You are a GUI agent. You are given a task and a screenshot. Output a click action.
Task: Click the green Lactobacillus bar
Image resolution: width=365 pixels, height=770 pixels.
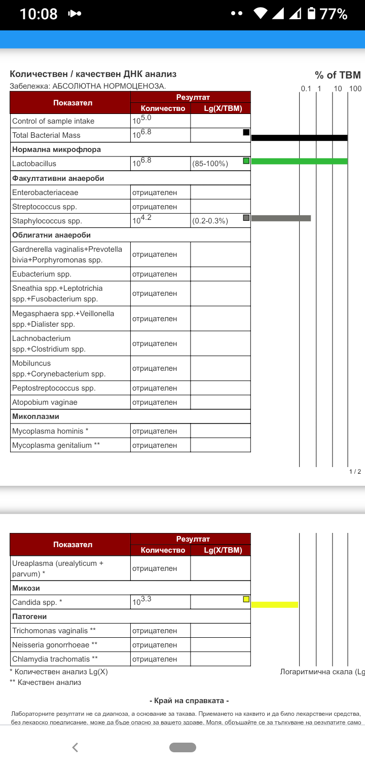299,161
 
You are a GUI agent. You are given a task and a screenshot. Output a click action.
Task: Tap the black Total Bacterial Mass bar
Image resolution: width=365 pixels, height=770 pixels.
299,137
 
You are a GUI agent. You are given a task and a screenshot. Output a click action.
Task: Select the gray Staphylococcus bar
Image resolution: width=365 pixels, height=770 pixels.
281,218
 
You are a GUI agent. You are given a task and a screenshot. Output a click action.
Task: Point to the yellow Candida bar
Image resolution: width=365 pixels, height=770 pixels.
274,604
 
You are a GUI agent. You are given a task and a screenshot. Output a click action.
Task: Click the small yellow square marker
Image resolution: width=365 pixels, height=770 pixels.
246,599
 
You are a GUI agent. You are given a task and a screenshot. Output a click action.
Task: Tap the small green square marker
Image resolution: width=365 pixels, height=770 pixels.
246,161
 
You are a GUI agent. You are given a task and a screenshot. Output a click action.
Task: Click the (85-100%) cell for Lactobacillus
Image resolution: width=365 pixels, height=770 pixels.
210,164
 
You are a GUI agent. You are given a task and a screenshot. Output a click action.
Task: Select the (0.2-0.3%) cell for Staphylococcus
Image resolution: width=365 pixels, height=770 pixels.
210,221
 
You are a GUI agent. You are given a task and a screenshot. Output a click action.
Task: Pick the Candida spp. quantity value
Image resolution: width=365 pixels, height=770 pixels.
142,602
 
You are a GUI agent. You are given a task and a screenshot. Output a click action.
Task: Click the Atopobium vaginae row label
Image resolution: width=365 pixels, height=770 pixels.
45,402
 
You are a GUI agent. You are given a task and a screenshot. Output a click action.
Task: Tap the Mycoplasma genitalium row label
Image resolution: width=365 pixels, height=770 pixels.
56,445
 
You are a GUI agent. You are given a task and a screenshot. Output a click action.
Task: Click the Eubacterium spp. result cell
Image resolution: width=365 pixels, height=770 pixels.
155,274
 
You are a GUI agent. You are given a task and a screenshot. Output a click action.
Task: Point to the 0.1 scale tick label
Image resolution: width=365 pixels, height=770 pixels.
306,89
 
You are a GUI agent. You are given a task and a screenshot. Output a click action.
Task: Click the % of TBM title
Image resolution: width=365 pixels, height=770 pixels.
338,75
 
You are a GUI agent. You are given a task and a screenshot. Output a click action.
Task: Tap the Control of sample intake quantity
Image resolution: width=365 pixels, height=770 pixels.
142,121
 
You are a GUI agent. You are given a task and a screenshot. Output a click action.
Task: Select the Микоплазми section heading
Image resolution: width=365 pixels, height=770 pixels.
35,416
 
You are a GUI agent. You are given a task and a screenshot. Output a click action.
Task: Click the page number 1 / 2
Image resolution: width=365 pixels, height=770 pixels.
355,472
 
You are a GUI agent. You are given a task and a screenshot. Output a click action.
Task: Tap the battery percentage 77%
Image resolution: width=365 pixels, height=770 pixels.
333,14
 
